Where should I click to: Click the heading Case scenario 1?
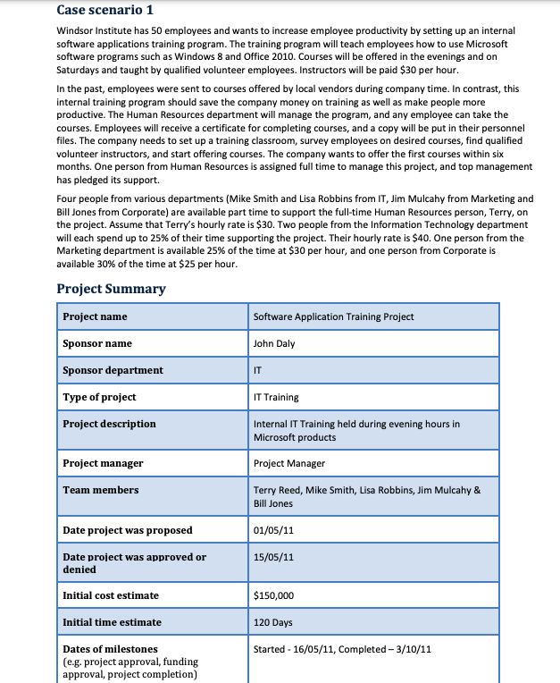click(104, 10)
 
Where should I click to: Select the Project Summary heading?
click(111, 289)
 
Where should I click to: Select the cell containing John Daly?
click(274, 343)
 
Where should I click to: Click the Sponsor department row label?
click(113, 370)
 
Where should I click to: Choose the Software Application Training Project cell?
click(333, 316)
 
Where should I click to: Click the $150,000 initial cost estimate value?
click(274, 595)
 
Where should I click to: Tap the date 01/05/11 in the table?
click(273, 531)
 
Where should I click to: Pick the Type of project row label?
click(99, 397)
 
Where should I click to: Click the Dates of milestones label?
click(110, 649)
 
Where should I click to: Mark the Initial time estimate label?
click(112, 622)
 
